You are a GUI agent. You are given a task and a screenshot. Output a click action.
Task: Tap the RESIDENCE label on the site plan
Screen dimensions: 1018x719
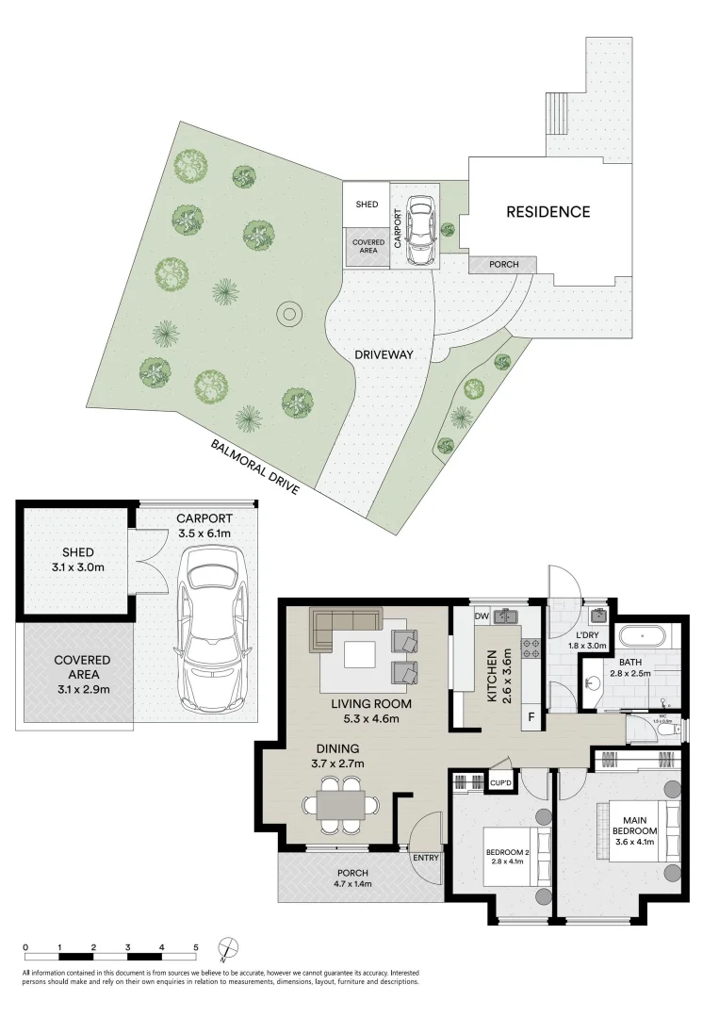[547, 212]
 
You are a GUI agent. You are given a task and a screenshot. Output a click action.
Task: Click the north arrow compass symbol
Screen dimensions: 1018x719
[227, 948]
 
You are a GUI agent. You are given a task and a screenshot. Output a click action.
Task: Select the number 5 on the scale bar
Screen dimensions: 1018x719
[196, 946]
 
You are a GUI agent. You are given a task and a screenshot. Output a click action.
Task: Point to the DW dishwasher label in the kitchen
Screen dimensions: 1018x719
[481, 616]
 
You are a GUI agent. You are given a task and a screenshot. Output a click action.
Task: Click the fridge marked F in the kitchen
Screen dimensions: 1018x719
[531, 717]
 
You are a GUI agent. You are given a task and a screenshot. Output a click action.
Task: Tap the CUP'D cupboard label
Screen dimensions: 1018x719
[501, 782]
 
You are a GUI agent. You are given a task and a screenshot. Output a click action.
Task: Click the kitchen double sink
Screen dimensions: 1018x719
[510, 617]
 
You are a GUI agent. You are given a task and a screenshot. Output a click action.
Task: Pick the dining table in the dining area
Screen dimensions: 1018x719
[340, 805]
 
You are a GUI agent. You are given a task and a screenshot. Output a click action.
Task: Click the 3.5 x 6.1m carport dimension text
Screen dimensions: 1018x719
[204, 534]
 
